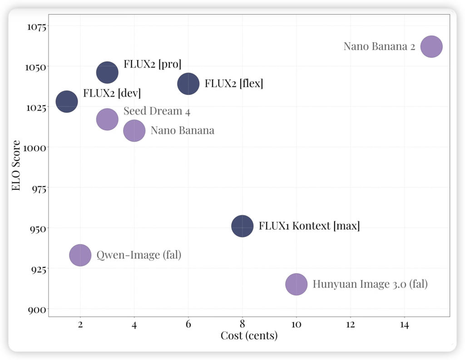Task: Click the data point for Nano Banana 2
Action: [431, 46]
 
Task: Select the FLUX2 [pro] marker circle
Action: [107, 72]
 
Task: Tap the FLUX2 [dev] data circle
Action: [67, 102]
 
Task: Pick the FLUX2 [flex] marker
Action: [188, 84]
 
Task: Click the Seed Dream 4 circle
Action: [107, 119]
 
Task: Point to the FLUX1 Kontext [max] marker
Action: [242, 226]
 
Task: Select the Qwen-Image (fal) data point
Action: [80, 255]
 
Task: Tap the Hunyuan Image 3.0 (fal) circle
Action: [297, 285]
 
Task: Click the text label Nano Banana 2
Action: [379, 46]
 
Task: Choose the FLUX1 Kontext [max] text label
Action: [309, 226]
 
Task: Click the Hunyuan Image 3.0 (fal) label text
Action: [370, 285]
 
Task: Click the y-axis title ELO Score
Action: [16, 166]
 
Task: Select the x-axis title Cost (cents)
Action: [249, 336]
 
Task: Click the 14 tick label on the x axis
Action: [404, 325]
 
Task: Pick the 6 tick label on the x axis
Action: [188, 325]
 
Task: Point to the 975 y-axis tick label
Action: [37, 188]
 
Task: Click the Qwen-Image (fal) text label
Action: [139, 255]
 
